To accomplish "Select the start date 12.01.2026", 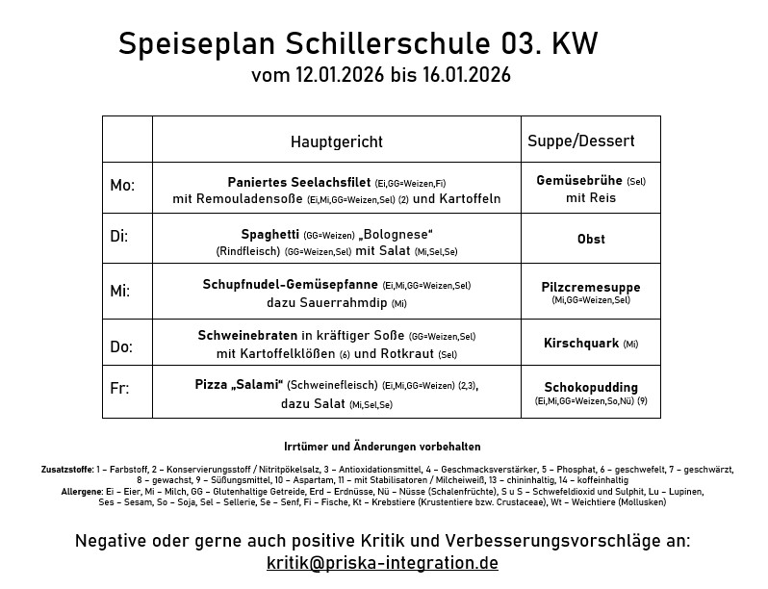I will (341, 75).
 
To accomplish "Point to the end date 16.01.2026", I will (466, 75).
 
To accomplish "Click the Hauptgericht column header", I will (337, 141).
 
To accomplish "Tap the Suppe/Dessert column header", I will (580, 141).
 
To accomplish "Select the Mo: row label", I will (122, 185).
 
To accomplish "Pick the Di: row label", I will (119, 236).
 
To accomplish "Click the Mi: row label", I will (119, 290).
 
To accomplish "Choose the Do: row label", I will (121, 346).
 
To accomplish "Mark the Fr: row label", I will (119, 389).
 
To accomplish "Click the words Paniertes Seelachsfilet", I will (299, 182).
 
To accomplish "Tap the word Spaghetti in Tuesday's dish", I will (269, 234).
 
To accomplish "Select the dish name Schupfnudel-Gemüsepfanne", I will (291, 285).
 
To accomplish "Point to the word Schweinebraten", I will (247, 336).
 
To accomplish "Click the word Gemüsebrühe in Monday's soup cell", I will (579, 181).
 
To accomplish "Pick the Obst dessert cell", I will (591, 239).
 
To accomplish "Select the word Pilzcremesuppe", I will (591, 287).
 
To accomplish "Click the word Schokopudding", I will (591, 387).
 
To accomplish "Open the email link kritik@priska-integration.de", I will (382, 563).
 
